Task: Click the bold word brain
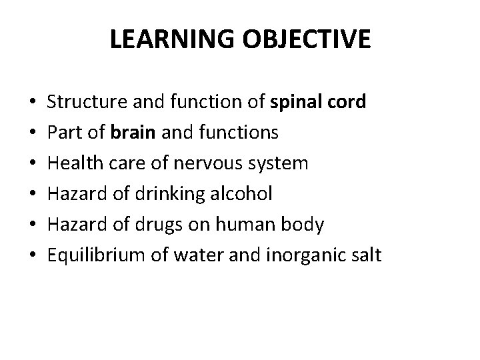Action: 136,133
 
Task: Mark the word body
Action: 307,225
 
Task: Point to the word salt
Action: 367,256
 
